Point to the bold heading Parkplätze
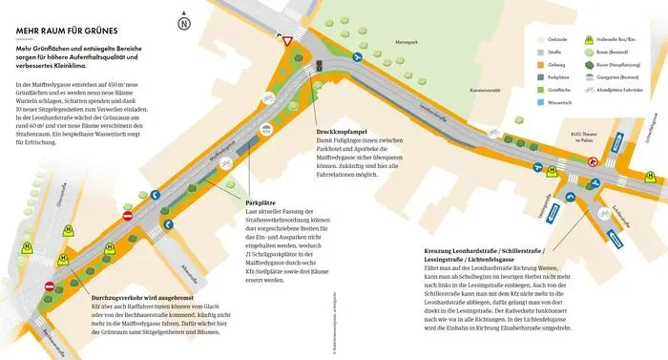tap(261, 203)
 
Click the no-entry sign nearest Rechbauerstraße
tap(50, 286)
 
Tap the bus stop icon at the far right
tap(648, 175)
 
